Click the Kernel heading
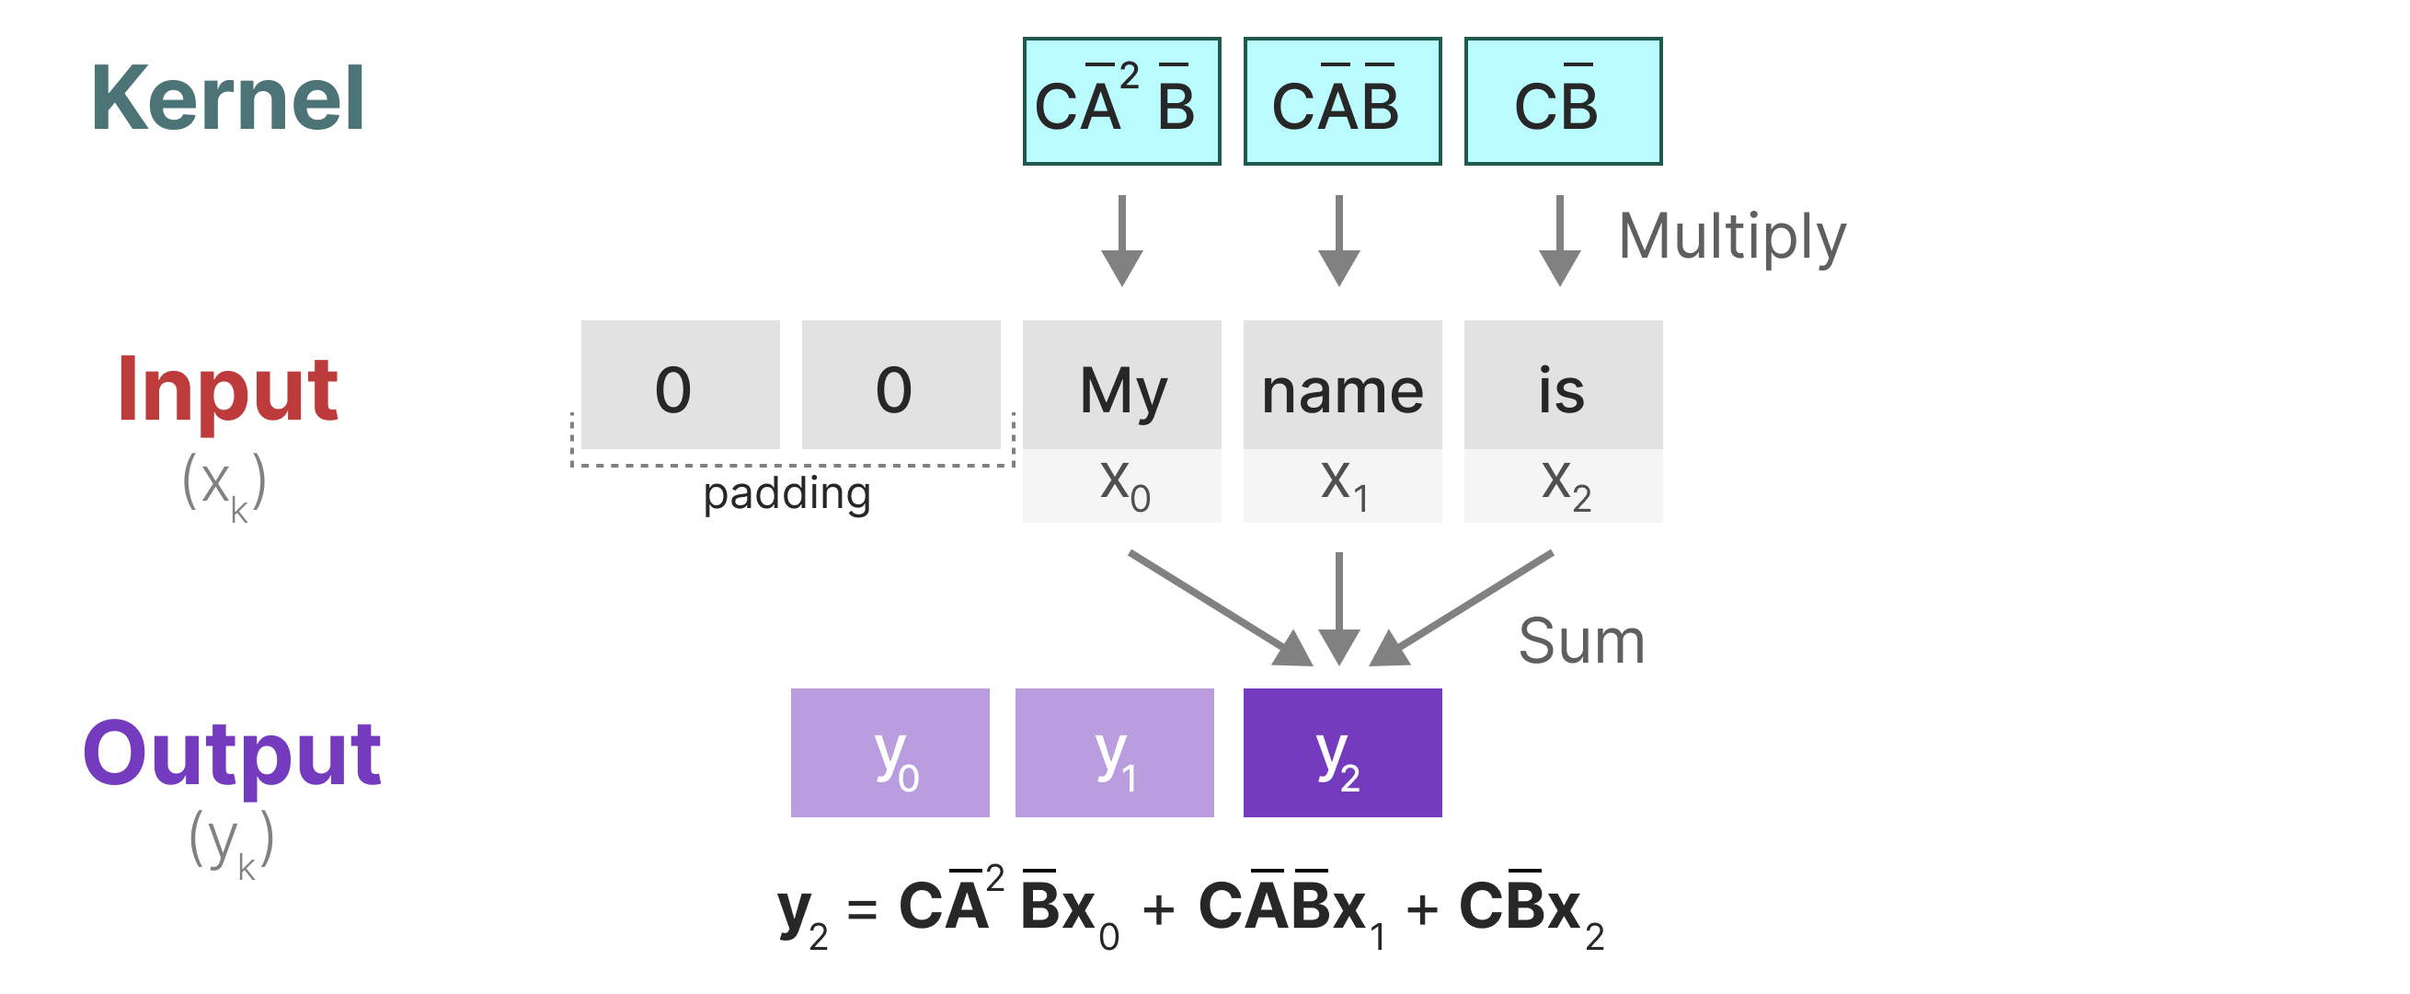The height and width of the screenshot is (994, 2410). click(x=227, y=98)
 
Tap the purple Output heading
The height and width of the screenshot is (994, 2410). click(x=231, y=754)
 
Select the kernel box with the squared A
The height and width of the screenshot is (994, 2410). click(x=1121, y=102)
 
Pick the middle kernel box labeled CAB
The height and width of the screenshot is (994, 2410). click(x=1341, y=102)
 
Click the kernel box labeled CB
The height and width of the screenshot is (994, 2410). click(x=1563, y=102)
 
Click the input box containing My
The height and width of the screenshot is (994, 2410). click(x=1121, y=387)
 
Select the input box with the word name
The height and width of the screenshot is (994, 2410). click(x=1341, y=387)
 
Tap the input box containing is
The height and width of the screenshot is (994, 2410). click(x=1563, y=387)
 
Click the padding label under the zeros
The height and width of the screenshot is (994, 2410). click(x=786, y=493)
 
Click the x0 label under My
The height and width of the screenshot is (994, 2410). click(x=1122, y=485)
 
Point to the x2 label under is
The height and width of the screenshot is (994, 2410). click(x=1565, y=485)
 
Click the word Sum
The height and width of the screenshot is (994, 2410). click(x=1581, y=642)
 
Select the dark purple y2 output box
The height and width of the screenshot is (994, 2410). click(x=1341, y=754)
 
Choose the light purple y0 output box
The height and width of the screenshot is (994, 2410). click(x=889, y=754)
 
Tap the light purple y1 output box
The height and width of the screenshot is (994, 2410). click(x=1114, y=754)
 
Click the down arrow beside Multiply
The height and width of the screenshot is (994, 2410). click(x=1558, y=240)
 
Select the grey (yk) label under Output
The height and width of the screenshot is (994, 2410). click(x=231, y=842)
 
